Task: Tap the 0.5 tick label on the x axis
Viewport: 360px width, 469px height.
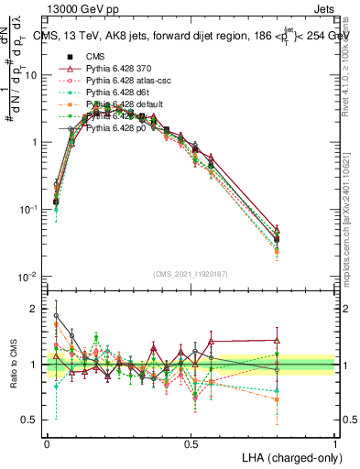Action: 191,443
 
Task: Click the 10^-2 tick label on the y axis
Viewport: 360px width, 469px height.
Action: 27,277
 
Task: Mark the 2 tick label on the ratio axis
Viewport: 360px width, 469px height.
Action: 34,309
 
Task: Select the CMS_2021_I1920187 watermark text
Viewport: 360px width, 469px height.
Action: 190,273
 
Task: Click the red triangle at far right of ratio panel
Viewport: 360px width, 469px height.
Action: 278,340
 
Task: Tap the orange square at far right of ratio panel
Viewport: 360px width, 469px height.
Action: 278,399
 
